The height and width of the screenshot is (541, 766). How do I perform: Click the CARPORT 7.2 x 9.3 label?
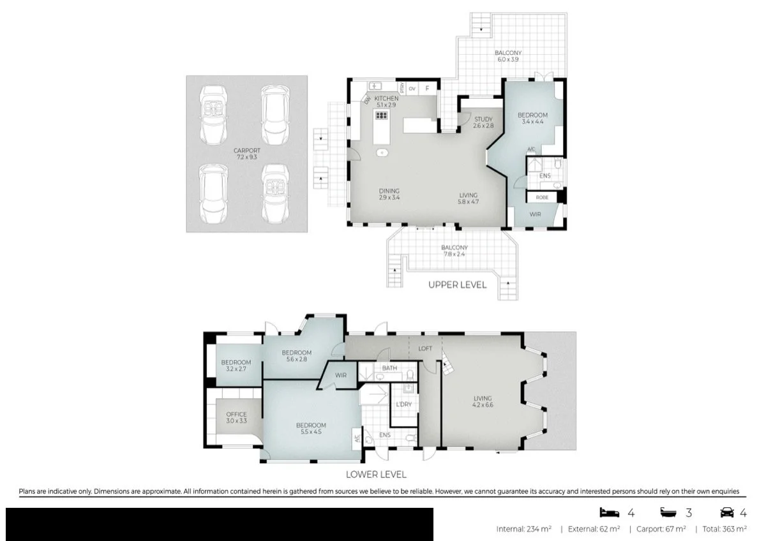pos(246,154)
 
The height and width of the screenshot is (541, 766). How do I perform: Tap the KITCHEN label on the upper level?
pos(386,98)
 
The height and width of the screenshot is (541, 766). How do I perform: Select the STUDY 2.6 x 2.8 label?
pos(483,122)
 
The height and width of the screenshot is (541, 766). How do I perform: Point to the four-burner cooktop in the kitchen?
pos(381,115)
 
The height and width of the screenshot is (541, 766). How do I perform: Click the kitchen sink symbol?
pos(375,86)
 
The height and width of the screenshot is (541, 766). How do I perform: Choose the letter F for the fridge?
pos(427,89)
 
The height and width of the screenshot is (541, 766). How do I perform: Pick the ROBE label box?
pos(542,198)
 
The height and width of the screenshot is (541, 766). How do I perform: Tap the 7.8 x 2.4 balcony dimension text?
pos(454,254)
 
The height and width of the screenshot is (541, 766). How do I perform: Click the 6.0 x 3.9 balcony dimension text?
pos(508,59)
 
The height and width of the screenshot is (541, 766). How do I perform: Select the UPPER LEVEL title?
pos(457,285)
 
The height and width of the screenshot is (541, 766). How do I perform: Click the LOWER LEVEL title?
pos(376,475)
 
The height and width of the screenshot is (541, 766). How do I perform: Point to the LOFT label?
pos(425,348)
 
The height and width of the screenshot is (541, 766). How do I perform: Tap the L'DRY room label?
pos(403,404)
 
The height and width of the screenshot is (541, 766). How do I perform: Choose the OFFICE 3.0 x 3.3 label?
pos(236,417)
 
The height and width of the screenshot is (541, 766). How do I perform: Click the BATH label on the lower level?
pos(389,368)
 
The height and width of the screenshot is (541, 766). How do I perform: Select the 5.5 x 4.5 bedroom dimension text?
pos(311,432)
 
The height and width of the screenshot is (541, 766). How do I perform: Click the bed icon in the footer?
pos(610,512)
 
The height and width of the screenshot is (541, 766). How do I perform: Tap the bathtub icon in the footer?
pos(668,512)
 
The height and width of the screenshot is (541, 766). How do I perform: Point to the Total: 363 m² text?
pos(725,529)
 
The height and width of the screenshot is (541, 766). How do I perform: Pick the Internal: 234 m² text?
pos(524,529)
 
